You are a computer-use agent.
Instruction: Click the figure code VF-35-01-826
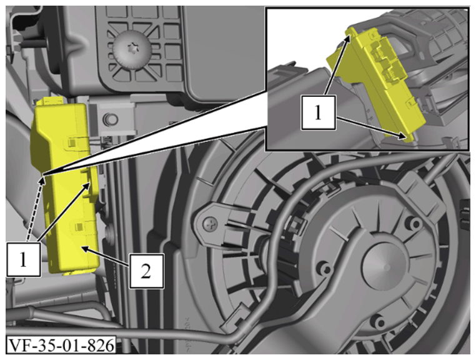click(61, 345)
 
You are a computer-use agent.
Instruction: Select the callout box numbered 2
click(147, 271)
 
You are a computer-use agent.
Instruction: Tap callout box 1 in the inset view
click(319, 112)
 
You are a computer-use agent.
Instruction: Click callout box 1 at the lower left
click(24, 259)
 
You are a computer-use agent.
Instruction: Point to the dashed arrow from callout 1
click(35, 209)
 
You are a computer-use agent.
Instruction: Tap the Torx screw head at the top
click(132, 50)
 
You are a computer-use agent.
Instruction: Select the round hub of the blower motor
click(386, 266)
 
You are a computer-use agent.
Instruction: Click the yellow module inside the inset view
click(377, 82)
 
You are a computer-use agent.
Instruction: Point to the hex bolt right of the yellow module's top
click(110, 120)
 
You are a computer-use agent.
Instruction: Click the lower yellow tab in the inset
click(409, 137)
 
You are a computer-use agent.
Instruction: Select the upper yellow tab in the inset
click(352, 31)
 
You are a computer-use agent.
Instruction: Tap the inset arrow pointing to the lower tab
click(371, 127)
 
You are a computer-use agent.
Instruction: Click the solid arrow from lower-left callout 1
click(64, 212)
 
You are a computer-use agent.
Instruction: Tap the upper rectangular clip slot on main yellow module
click(72, 142)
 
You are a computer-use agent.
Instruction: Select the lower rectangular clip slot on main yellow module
click(79, 226)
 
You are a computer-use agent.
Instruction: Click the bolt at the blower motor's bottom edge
click(378, 321)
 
